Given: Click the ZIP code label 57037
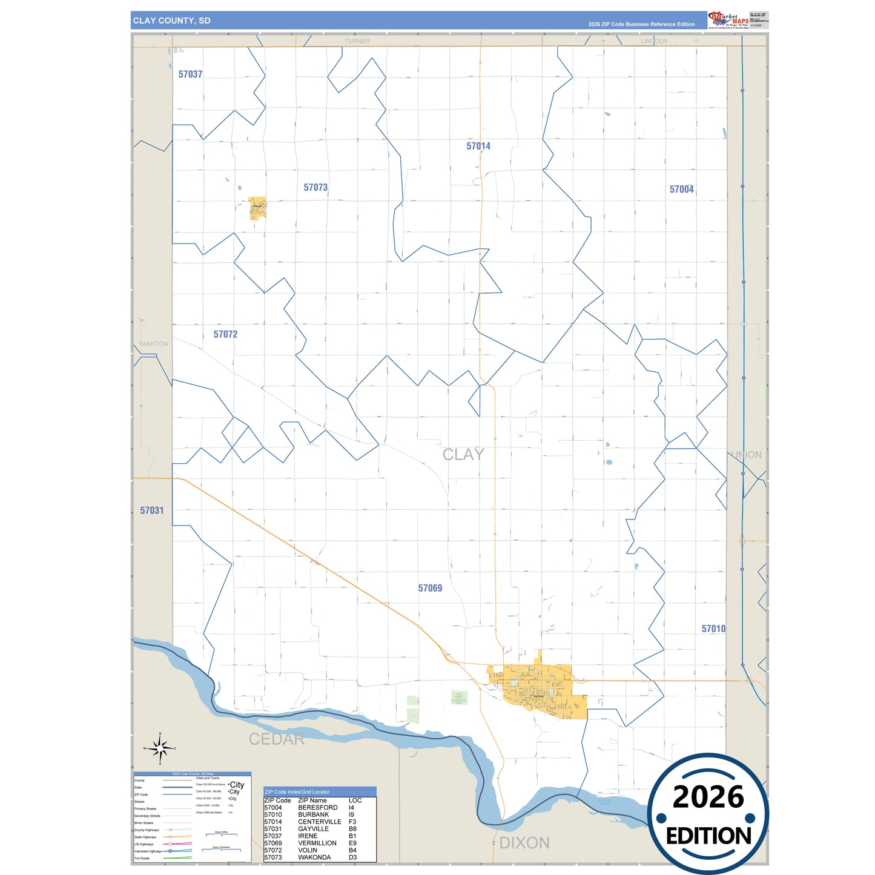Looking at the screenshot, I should [190, 74].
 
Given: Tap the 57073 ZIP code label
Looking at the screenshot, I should [315, 188].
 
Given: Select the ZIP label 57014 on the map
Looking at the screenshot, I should [478, 146].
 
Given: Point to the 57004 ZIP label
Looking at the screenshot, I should [681, 190].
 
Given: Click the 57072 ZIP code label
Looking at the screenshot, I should [225, 334].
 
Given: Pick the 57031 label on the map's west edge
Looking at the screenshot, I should [151, 510].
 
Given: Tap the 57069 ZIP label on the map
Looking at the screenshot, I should [430, 588].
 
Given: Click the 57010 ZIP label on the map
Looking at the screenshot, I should [713, 629].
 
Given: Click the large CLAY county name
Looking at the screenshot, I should [463, 454].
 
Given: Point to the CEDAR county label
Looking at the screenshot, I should [277, 739].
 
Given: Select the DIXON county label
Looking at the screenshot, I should [524, 842].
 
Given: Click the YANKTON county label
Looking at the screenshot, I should [153, 344].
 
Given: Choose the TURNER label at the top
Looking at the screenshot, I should [357, 41].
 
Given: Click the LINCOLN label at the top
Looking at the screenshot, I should [653, 41].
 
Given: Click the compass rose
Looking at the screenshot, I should [160, 749].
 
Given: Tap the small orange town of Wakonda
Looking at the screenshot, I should [257, 208].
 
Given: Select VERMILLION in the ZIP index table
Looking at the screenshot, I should [317, 843].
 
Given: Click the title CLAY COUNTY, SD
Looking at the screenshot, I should [171, 21].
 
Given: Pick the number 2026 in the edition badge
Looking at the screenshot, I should [708, 797].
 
